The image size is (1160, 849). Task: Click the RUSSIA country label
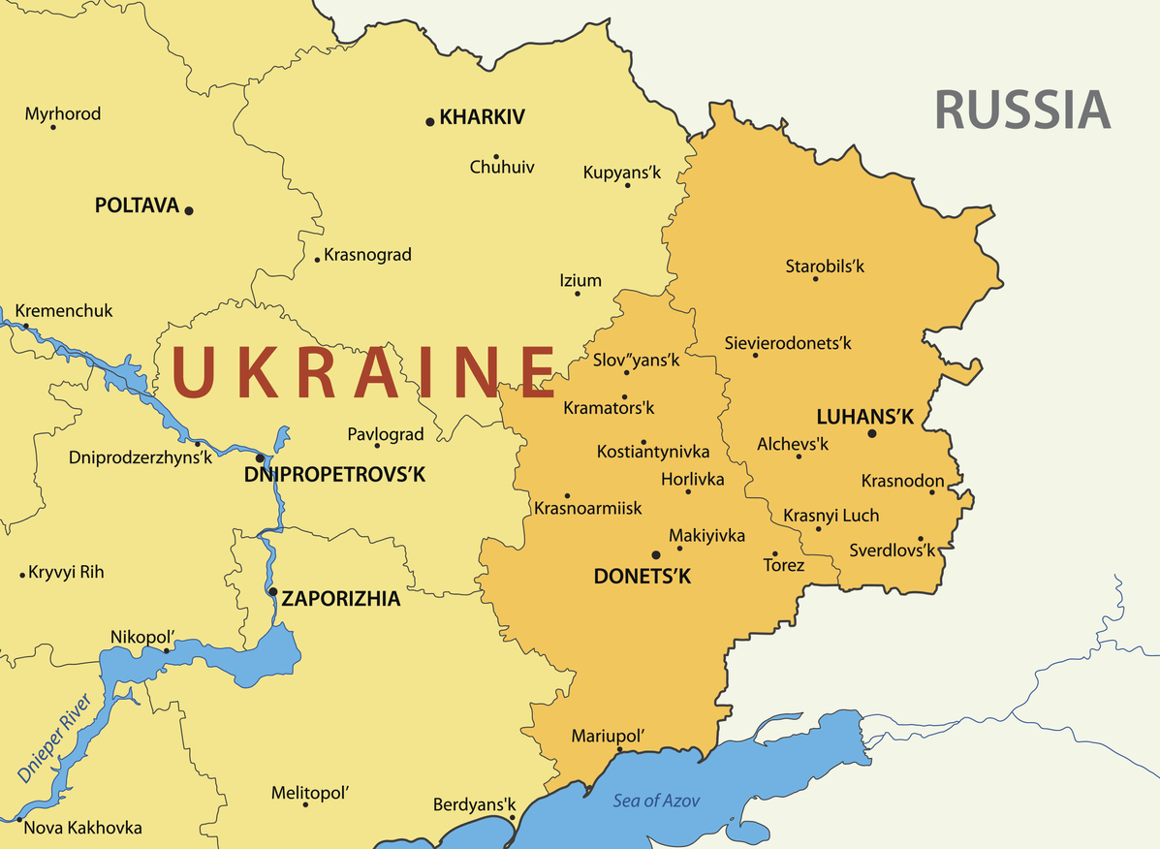tap(1022, 109)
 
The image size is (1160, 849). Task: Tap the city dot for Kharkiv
tap(429, 121)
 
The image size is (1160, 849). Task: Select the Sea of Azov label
tap(656, 801)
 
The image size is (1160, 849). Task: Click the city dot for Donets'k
tap(656, 554)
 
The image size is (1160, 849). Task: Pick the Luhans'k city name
tap(865, 417)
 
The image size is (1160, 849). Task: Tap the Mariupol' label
tap(608, 735)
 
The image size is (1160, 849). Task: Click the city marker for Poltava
tap(189, 210)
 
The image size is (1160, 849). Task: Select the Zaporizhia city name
tap(341, 599)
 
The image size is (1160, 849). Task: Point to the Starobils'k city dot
tap(815, 279)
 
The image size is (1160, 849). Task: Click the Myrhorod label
tap(63, 113)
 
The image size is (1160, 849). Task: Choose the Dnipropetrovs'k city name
tap(334, 475)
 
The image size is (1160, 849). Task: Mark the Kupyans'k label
tap(622, 173)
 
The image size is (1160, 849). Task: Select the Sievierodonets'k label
tap(788, 342)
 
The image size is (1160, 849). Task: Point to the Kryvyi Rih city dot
tap(22, 575)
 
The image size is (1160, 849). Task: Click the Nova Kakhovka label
tap(82, 828)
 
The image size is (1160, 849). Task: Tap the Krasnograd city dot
tap(317, 260)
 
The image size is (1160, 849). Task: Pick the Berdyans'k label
tap(475, 805)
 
